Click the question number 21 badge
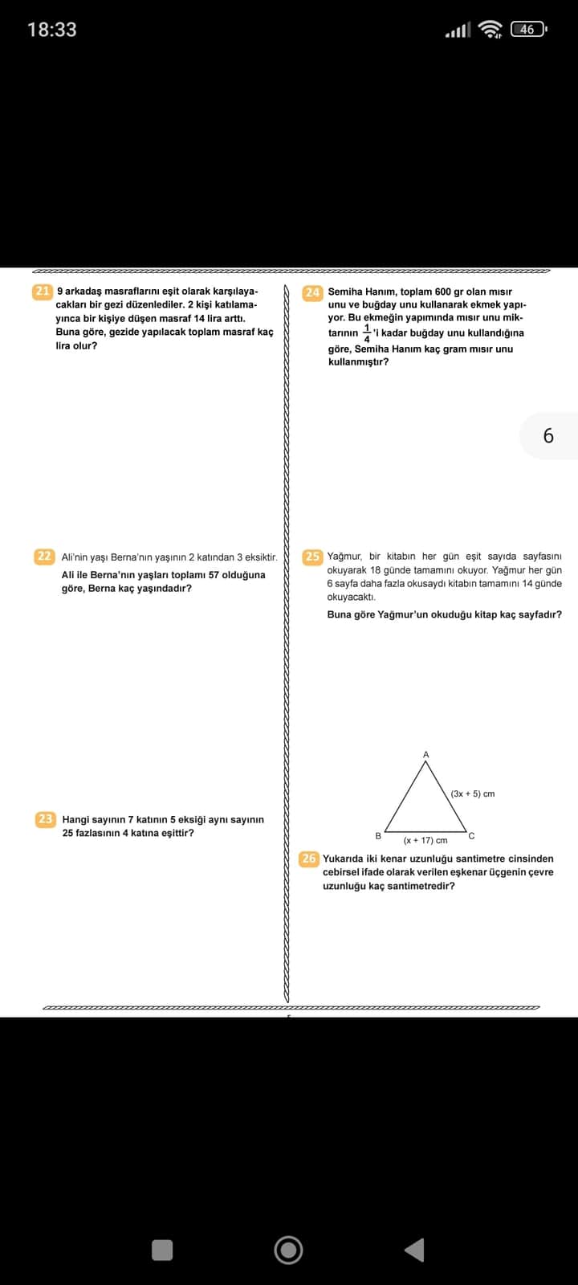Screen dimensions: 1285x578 [x=43, y=292]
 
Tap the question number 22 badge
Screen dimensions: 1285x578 [x=44, y=556]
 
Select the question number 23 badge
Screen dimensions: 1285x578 [x=45, y=819]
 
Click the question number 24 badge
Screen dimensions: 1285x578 [x=312, y=292]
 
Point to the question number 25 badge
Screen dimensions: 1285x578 [x=312, y=556]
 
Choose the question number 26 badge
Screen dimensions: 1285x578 [x=309, y=859]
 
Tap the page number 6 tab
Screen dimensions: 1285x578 [x=548, y=435]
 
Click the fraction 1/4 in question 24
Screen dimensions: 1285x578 [x=367, y=332]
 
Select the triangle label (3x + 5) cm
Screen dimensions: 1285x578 [x=472, y=793]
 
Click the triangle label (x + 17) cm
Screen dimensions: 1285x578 [x=425, y=840]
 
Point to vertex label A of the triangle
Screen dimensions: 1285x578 [x=426, y=754]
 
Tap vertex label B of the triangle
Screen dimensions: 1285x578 [x=378, y=835]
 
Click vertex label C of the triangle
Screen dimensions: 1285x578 [x=471, y=836]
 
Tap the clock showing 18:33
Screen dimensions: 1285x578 [x=52, y=30]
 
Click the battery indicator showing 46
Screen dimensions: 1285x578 [x=527, y=30]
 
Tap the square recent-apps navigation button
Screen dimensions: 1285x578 [x=162, y=1250]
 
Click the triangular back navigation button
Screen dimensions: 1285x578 [x=414, y=1250]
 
